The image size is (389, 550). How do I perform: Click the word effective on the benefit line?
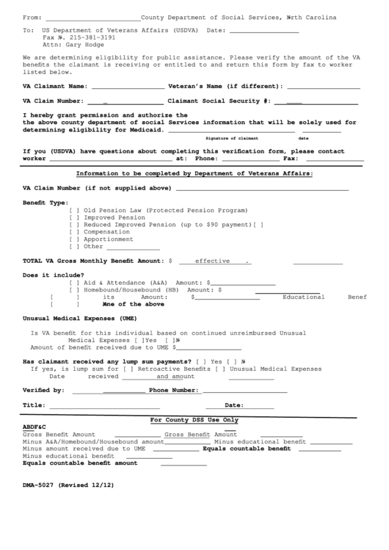(x=212, y=261)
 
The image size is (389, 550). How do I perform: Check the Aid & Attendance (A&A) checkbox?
(x=74, y=283)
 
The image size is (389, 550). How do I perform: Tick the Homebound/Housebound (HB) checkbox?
(x=74, y=290)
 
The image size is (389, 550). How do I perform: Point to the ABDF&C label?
(x=34, y=427)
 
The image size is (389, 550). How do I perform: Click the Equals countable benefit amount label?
(x=80, y=463)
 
